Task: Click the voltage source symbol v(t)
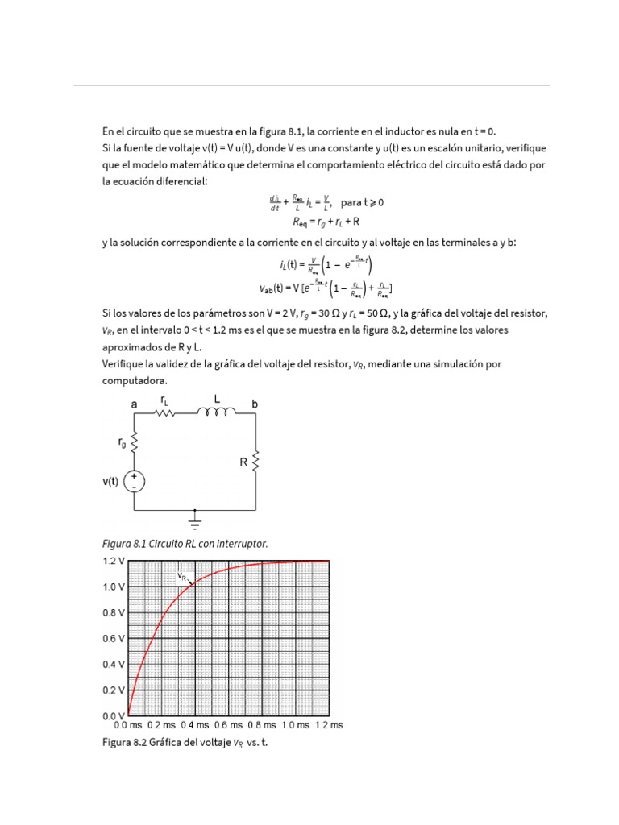[x=134, y=482]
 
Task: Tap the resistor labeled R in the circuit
[x=256, y=462]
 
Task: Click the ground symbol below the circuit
[x=194, y=518]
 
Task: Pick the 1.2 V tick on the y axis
[x=113, y=560]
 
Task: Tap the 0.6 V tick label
[x=113, y=638]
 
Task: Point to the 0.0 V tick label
[x=113, y=716]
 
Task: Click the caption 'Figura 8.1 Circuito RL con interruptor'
[x=185, y=544]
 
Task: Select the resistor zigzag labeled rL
[x=164, y=413]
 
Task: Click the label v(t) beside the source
[x=110, y=483]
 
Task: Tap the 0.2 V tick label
[x=113, y=690]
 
